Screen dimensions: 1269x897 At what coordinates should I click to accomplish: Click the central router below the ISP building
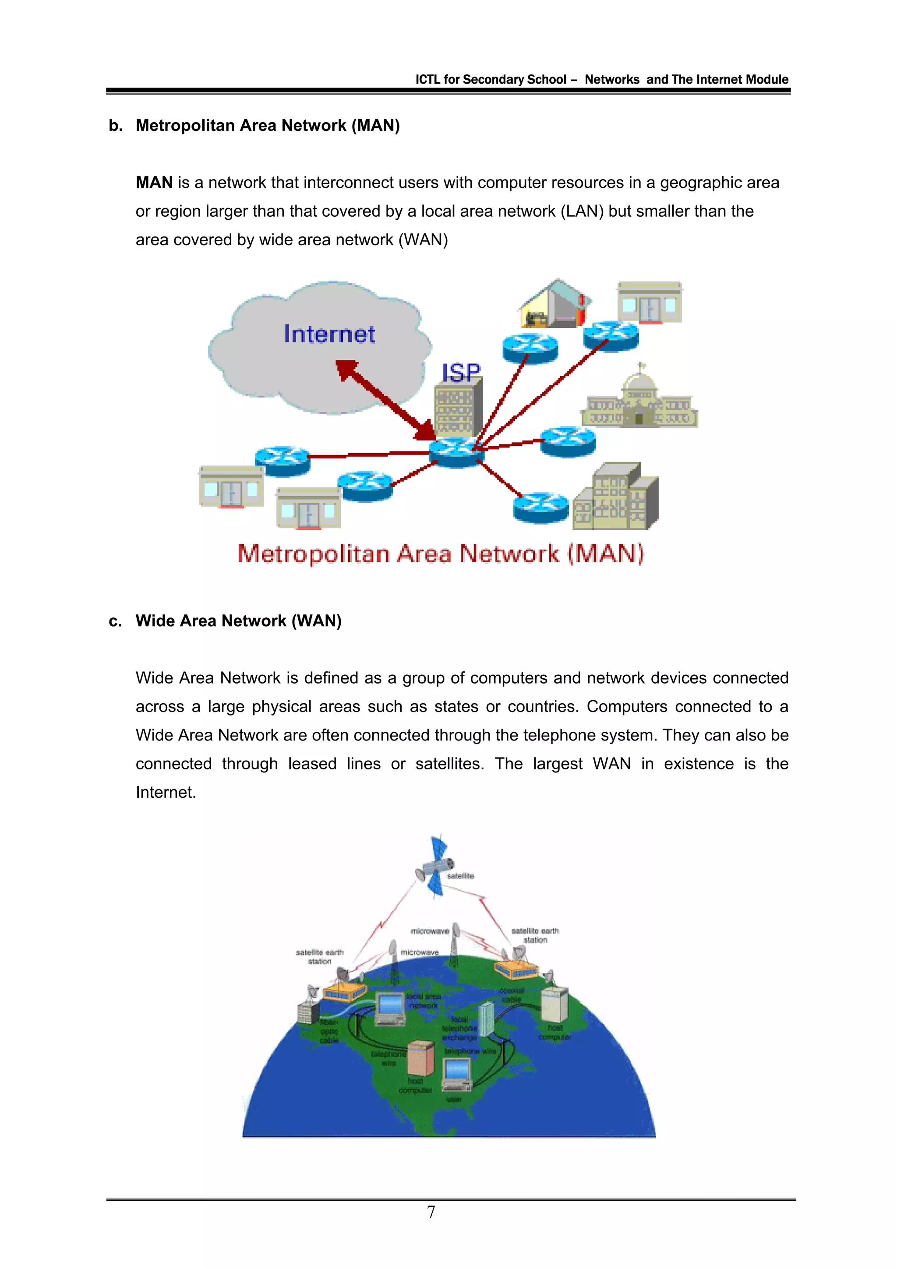click(x=456, y=451)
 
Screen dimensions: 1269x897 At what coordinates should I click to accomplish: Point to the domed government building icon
click(x=639, y=401)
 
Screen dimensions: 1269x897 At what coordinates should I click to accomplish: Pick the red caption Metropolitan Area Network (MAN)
click(x=441, y=554)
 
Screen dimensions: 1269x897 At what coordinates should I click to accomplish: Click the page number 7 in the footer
click(x=431, y=1212)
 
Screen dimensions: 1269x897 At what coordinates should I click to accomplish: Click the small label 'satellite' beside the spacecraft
click(x=460, y=876)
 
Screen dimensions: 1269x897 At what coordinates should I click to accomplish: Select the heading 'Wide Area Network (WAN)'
click(x=239, y=620)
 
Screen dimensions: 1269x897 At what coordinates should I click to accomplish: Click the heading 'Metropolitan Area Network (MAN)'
click(x=268, y=126)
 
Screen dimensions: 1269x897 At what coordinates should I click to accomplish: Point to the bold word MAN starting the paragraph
click(x=154, y=183)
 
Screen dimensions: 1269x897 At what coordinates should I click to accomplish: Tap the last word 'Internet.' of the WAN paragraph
click(x=166, y=792)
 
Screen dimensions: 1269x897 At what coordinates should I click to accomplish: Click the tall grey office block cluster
click(x=617, y=497)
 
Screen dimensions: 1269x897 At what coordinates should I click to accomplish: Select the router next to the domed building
click(x=568, y=441)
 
